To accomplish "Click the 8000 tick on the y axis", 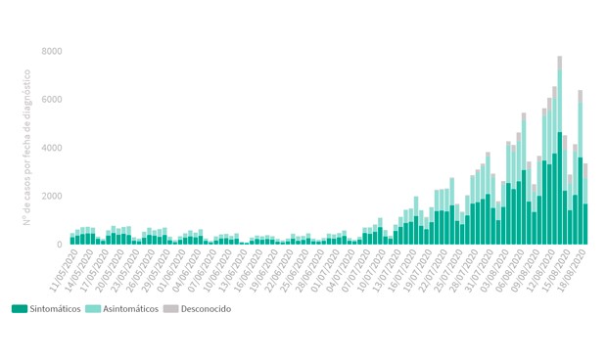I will coord(52,51).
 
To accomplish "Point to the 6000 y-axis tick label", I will coord(52,100).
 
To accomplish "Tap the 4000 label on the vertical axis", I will coord(52,148).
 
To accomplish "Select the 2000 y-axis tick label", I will coord(52,196).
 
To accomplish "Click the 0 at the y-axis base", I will coord(60,245).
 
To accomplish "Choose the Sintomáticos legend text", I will coord(55,309).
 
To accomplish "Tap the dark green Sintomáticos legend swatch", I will coord(20,309).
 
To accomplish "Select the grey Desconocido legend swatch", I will coord(169,309).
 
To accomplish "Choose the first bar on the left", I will coord(72,239).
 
